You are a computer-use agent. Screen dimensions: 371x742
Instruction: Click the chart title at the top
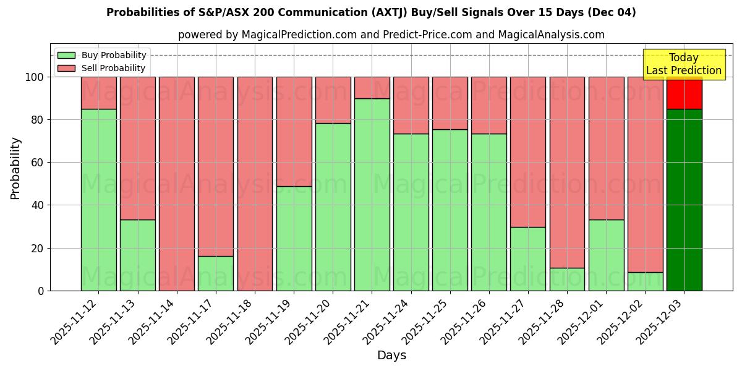[x=371, y=12]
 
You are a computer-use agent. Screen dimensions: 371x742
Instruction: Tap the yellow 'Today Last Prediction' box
[x=683, y=64]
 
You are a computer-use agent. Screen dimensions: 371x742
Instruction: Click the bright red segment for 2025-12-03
[x=684, y=93]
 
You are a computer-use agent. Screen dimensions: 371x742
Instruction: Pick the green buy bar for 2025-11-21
[x=372, y=194]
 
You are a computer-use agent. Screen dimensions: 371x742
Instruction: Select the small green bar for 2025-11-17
[x=216, y=273]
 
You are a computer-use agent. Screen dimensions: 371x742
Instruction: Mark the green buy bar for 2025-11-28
[x=567, y=279]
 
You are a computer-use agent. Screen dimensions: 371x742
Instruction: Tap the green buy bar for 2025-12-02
[x=645, y=281]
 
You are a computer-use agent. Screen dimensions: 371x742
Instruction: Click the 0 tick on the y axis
[x=41, y=291]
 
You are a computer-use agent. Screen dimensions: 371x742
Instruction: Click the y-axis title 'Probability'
[x=15, y=168]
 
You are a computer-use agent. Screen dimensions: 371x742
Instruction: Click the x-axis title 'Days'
[x=391, y=356]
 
